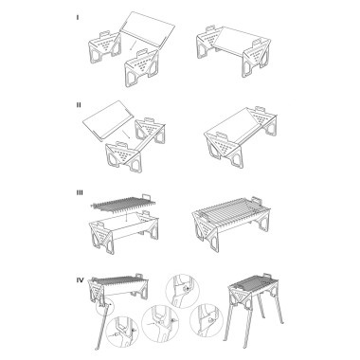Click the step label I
[x=78, y=18]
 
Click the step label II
[x=79, y=105]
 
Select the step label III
[x=80, y=192]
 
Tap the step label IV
[x=81, y=280]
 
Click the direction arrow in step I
[x=134, y=45]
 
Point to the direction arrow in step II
[x=126, y=135]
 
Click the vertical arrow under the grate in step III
[x=126, y=217]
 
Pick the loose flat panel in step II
[x=108, y=120]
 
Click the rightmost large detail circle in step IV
[x=207, y=319]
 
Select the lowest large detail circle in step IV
[x=123, y=332]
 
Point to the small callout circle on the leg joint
[x=104, y=306]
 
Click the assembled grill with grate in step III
[x=231, y=223]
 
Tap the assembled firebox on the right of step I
[x=234, y=51]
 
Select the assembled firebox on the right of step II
[x=241, y=136]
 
